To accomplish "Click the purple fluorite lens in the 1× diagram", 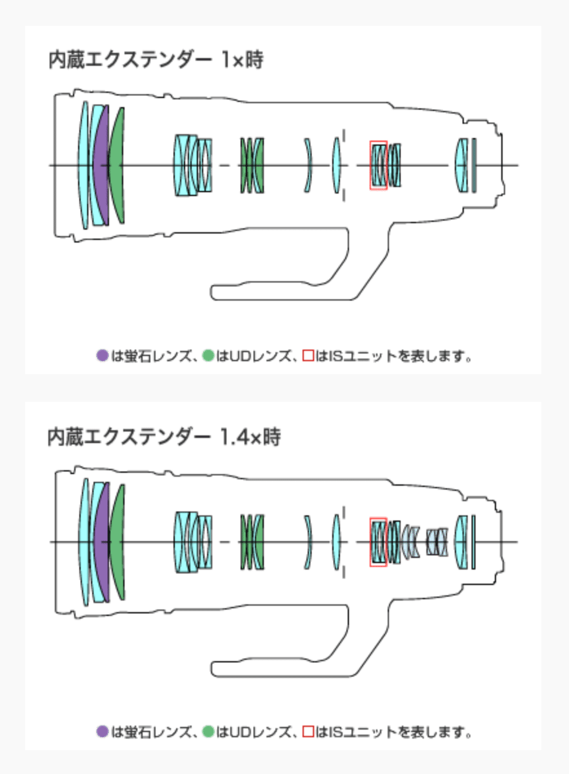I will pos(101,165).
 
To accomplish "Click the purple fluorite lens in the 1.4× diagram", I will pos(102,542).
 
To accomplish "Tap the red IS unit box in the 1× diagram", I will pos(378,165).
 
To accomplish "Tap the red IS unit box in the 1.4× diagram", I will pos(379,542).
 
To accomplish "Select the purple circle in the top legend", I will pos(102,355).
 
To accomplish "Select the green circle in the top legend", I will pos(208,355).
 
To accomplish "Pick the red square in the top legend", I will pos(308,355).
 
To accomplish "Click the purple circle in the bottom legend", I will pos(102,731).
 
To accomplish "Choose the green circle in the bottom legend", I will pos(208,731).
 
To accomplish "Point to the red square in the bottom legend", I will pos(308,731).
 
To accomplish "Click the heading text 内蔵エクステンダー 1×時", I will pos(155,61).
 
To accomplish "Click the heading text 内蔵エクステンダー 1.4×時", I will pos(164,438).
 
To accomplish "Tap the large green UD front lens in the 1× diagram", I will pos(117,165).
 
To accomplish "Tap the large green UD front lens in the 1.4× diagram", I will pos(117,542).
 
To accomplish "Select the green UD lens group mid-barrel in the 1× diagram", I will pos(252,165).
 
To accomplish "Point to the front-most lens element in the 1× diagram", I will pos(84,165).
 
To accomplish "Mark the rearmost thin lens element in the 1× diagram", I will pos(474,165).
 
